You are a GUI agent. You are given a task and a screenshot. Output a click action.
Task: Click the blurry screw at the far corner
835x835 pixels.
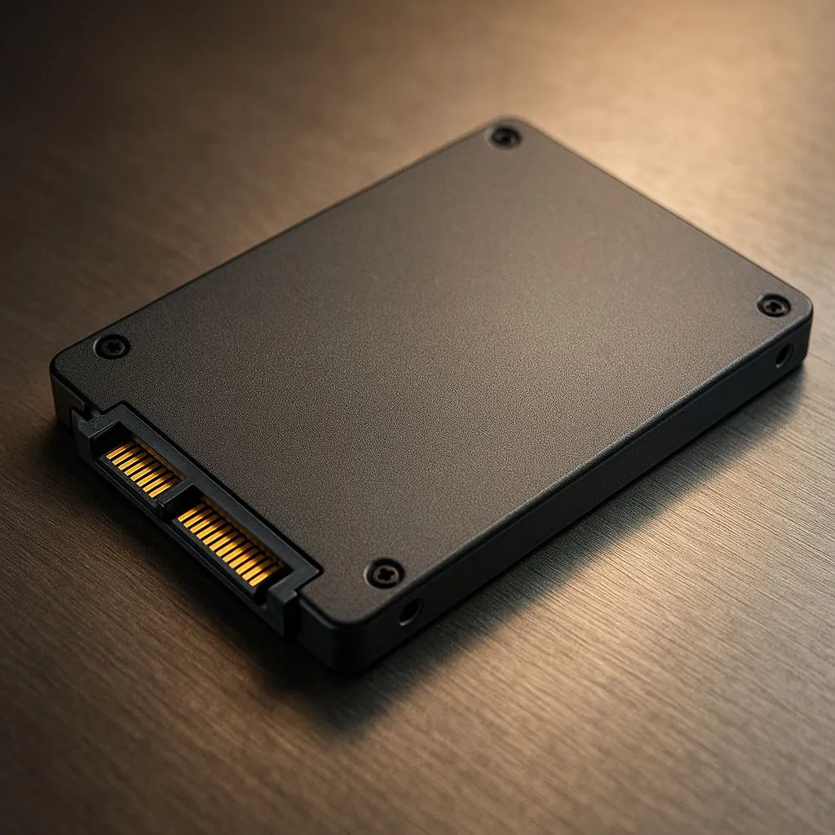click(505, 135)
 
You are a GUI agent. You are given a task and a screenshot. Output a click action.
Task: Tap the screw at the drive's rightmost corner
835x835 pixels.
click(773, 306)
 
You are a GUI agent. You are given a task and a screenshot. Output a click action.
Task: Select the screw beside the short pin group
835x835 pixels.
click(112, 347)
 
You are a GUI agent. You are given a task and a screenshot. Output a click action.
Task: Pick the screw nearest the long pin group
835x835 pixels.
click(384, 572)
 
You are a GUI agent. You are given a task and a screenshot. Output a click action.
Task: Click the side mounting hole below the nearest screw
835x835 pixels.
click(410, 611)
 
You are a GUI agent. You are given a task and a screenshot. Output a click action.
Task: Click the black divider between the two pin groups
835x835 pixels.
click(174, 500)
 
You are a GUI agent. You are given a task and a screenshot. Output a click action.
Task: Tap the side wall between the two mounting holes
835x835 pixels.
click(603, 481)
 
